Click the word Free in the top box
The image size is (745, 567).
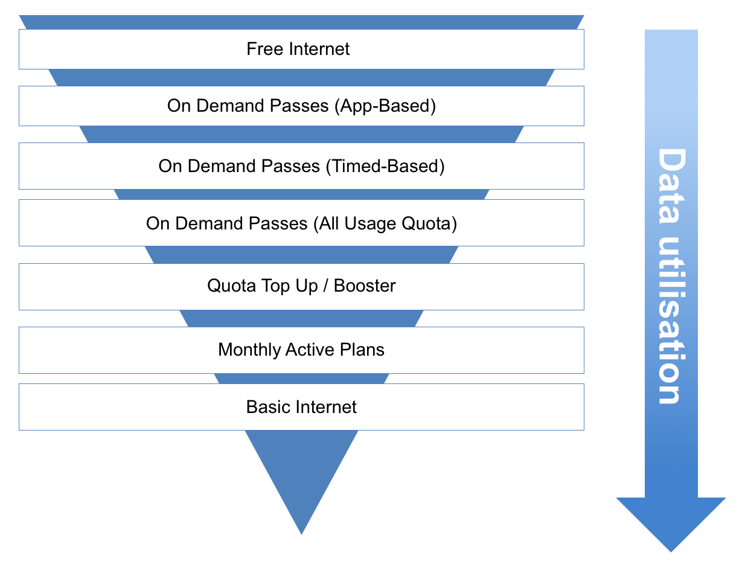(264, 49)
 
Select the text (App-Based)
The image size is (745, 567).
(383, 106)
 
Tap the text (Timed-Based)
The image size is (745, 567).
(385, 166)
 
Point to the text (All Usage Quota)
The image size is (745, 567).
(385, 224)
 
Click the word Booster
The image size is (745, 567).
(365, 286)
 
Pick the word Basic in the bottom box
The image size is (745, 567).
(266, 407)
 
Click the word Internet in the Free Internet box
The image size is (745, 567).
(319, 49)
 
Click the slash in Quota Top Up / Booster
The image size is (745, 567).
(325, 286)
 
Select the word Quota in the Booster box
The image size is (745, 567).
(231, 286)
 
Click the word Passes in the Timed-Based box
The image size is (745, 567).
(290, 166)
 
